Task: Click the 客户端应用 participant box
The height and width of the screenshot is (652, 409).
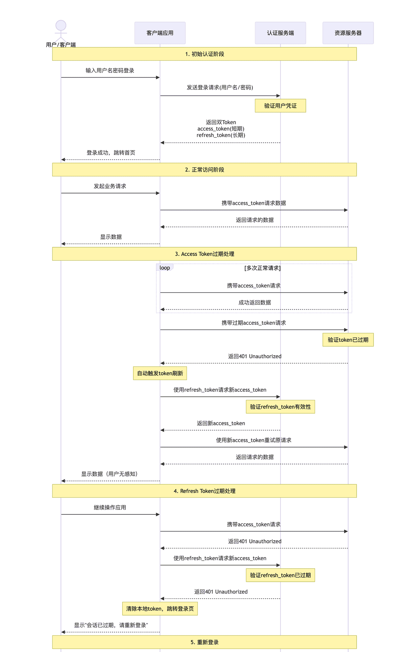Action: coord(160,33)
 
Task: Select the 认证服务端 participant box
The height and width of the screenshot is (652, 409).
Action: coord(280,33)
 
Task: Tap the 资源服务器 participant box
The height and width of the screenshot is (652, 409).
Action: coord(348,33)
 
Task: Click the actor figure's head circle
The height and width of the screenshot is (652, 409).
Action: coord(61,26)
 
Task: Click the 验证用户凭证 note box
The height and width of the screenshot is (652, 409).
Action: coord(280,106)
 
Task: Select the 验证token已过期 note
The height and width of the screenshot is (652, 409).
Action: coord(348,340)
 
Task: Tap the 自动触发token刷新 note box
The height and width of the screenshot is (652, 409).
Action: coord(160,373)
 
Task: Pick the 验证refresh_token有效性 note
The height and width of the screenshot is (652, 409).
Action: coord(280,407)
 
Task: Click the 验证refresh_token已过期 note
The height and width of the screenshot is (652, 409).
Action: coord(280,575)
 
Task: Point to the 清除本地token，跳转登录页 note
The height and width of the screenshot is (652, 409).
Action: coord(160,609)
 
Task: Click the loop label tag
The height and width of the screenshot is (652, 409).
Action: coord(165,268)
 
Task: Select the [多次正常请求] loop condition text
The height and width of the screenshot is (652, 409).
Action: coord(262,268)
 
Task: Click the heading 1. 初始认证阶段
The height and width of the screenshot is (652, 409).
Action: coord(204,54)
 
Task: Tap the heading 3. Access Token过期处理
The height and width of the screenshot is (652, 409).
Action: coord(204,254)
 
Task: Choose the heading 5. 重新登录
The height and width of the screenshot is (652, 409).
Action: coord(204,642)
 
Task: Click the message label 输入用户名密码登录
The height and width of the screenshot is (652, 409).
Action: coord(110,71)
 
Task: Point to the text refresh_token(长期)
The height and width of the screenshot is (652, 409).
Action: coord(221,135)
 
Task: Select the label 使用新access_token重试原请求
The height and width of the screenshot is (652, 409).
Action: coord(254,440)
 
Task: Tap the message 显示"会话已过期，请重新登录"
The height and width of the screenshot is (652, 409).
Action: coord(111,625)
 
